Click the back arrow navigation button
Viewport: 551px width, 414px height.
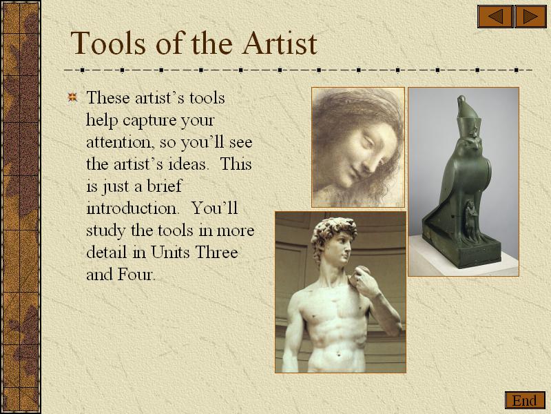[x=495, y=17]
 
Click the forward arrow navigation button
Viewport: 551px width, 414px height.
[x=530, y=17]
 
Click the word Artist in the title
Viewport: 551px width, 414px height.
[x=280, y=43]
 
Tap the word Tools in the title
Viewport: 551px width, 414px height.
[x=108, y=43]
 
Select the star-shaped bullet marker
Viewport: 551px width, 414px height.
[x=72, y=97]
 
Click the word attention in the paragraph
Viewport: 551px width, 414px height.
[x=121, y=142]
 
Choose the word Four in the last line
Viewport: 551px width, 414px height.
[x=136, y=274]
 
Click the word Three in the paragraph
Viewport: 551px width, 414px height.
[x=217, y=252]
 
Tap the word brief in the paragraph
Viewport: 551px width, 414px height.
[x=164, y=186]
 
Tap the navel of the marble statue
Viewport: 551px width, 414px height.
[x=339, y=354]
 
